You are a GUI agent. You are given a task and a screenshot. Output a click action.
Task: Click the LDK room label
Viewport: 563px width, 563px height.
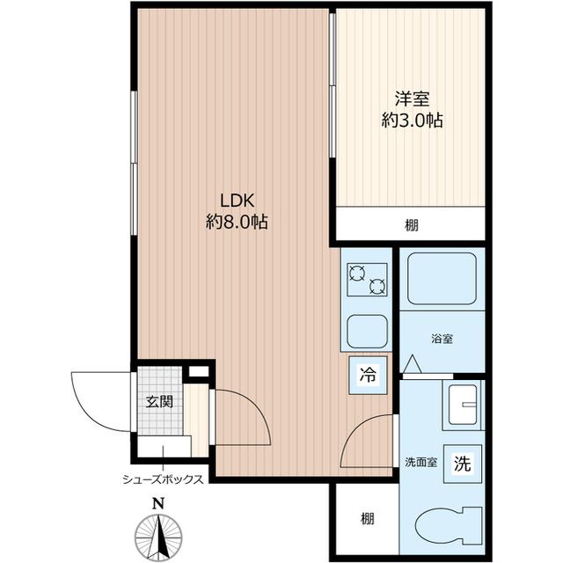[x=237, y=201]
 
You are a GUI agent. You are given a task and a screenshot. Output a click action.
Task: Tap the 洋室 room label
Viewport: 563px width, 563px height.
[x=413, y=99]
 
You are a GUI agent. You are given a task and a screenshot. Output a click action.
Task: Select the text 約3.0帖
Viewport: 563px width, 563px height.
[x=412, y=121]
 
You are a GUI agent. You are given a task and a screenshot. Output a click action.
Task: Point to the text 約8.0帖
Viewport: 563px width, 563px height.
[x=237, y=222]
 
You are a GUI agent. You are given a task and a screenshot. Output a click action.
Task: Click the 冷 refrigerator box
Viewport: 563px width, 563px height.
[x=368, y=375]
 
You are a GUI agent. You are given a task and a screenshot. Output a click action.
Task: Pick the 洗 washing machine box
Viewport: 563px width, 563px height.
[x=462, y=464]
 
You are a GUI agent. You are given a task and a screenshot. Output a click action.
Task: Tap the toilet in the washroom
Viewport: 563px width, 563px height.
[x=448, y=527]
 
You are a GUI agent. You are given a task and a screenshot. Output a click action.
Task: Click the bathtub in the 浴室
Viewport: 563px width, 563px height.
[x=442, y=279]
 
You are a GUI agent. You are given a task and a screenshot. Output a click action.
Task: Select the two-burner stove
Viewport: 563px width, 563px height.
[x=367, y=280]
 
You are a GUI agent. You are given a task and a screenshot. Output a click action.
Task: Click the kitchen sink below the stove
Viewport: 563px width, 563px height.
[x=367, y=332]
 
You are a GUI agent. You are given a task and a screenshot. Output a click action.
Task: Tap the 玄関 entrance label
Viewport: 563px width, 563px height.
[x=159, y=401]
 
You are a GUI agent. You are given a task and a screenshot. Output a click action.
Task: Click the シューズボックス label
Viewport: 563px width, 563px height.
[x=163, y=479]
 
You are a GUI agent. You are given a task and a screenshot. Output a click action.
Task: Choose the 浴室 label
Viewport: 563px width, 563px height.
[x=442, y=339]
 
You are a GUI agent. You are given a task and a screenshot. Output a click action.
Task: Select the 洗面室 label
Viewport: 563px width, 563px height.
[x=421, y=462]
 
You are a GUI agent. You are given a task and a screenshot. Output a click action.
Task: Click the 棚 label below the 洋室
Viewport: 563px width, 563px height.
[x=412, y=225]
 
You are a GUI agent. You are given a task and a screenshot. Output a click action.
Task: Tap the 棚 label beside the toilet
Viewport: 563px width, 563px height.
[x=368, y=518]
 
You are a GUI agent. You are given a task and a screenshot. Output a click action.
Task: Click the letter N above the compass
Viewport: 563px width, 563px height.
[x=158, y=504]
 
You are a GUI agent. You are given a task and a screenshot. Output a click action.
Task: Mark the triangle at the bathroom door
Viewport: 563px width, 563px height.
[x=413, y=363]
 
